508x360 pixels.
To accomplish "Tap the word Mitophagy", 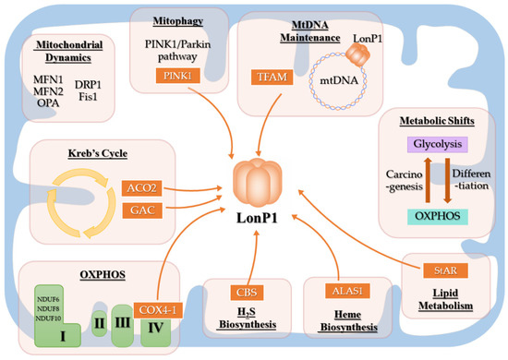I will tap(173, 18).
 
